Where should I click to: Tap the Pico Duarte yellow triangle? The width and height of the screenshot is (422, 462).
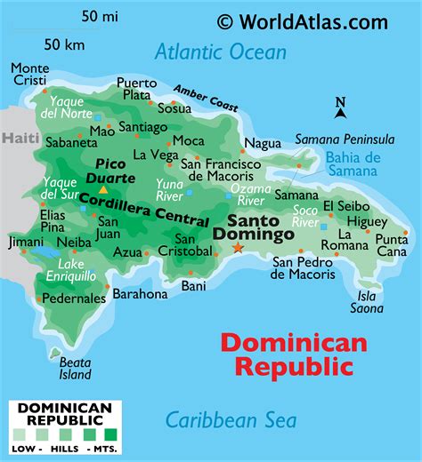click(x=103, y=189)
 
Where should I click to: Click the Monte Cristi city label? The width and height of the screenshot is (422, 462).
click(x=30, y=75)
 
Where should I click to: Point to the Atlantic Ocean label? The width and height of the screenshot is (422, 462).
click(x=221, y=52)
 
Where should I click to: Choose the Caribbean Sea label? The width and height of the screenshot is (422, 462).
click(x=231, y=420)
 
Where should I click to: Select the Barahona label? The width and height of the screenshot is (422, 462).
click(x=141, y=294)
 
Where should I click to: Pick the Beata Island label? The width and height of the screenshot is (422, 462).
click(x=75, y=367)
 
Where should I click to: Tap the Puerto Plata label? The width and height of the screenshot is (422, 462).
click(x=136, y=89)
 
